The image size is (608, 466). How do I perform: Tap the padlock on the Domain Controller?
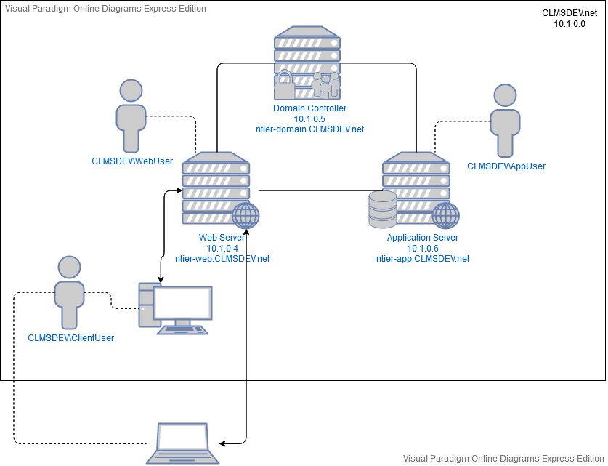(x=284, y=86)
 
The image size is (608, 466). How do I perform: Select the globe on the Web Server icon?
(x=246, y=216)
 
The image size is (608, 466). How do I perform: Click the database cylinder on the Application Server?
(x=382, y=209)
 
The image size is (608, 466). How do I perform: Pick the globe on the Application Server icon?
(x=445, y=216)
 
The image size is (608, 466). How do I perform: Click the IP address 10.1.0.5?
(x=309, y=118)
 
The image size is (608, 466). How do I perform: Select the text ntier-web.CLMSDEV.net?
(x=222, y=259)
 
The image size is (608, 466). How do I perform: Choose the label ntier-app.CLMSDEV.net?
(x=423, y=259)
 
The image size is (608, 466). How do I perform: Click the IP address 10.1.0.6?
(x=423, y=249)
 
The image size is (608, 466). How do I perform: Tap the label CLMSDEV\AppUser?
(x=506, y=166)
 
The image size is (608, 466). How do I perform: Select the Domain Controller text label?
(x=309, y=108)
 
